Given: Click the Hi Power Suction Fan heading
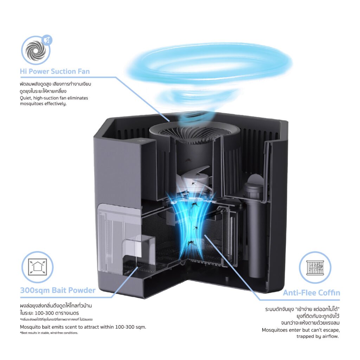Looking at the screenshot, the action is click(x=54, y=71).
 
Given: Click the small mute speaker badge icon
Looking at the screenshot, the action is click(x=47, y=41).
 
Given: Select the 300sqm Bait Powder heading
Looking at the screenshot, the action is click(x=58, y=290).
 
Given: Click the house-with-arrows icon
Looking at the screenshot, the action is click(x=37, y=267).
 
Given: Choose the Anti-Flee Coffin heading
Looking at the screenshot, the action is click(x=311, y=293).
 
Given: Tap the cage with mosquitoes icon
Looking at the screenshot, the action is click(x=315, y=268).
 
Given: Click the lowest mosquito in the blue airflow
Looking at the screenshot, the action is click(x=190, y=243).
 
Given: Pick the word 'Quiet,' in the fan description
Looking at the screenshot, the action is click(x=26, y=98).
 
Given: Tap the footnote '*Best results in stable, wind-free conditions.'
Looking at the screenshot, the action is click(x=49, y=333).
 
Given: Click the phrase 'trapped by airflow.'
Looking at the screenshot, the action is click(x=317, y=336).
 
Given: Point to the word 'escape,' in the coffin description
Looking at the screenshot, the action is click(x=331, y=330).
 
